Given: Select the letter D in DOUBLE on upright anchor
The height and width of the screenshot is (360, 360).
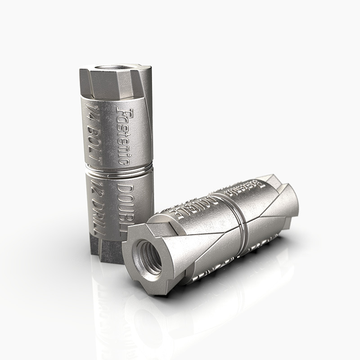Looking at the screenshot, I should tap(129, 187).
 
